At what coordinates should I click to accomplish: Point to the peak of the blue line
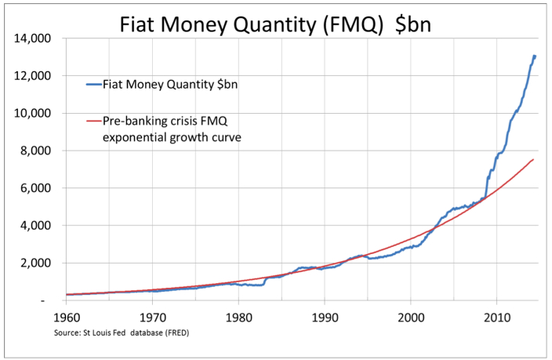[534, 56]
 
